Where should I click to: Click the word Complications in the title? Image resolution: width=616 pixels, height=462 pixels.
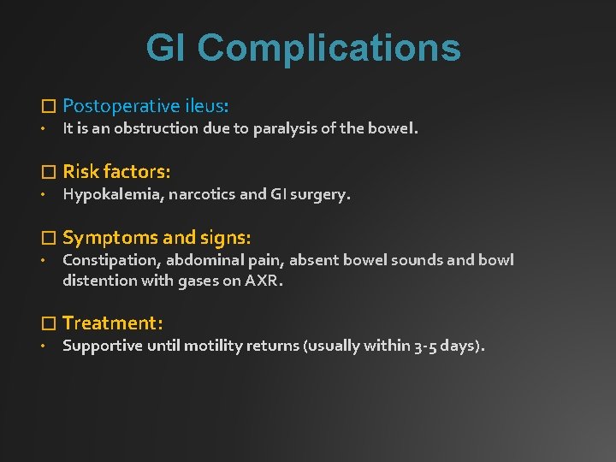(x=329, y=49)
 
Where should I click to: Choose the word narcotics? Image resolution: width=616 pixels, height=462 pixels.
(x=201, y=194)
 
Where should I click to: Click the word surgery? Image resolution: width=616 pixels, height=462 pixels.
(x=319, y=194)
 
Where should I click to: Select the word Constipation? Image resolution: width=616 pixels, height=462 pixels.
(x=110, y=260)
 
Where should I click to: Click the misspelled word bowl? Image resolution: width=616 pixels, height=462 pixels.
(x=496, y=260)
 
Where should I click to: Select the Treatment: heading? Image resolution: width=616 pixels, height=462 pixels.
(x=112, y=323)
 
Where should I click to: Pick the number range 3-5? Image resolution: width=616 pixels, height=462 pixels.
(x=425, y=346)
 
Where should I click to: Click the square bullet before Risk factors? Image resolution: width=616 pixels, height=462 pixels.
(x=48, y=172)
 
